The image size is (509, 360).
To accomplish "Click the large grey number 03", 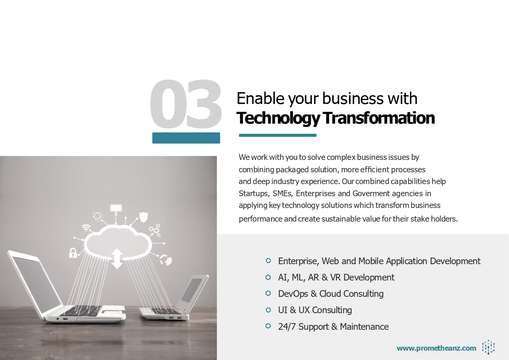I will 186,104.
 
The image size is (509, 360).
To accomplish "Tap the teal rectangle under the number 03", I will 186,138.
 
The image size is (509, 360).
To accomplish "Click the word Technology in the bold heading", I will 278,118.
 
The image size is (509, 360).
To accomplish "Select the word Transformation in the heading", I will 379,118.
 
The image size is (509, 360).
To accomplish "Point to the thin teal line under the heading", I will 278,135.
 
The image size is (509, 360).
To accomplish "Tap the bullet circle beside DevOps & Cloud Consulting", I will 268,293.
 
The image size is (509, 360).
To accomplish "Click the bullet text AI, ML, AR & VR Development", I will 336,277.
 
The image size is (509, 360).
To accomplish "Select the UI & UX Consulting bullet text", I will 315,310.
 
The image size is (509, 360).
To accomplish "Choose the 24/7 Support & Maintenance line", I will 333,326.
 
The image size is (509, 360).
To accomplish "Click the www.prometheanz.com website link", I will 436,348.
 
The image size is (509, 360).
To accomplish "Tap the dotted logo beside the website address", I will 488,347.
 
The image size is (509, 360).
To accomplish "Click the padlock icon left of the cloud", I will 72,253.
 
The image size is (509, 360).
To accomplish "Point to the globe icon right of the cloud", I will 166,260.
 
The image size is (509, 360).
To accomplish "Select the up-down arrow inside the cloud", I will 117,258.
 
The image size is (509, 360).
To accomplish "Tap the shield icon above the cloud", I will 143,217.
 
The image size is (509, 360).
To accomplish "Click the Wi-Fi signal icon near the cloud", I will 86,228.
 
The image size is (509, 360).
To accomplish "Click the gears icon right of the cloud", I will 155,230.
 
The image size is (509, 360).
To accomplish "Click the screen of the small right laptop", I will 192,290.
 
